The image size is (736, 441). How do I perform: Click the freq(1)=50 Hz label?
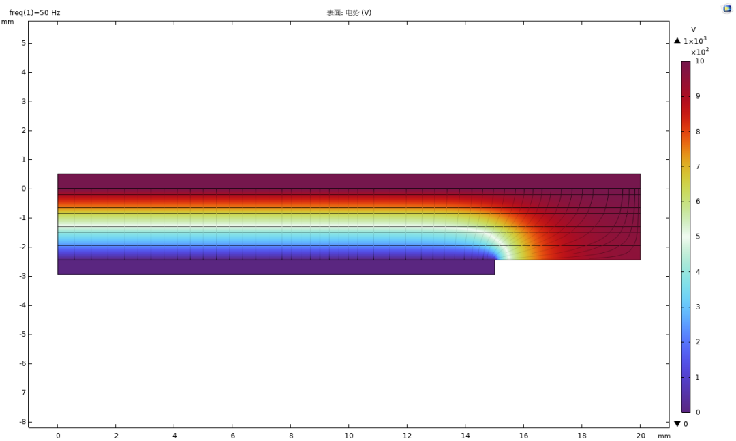(35, 13)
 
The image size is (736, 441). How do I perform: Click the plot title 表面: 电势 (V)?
(349, 13)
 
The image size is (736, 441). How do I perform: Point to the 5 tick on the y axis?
(23, 43)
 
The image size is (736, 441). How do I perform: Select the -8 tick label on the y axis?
(22, 422)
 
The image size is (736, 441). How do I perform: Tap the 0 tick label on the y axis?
(23, 189)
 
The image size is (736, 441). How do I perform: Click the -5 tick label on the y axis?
(22, 335)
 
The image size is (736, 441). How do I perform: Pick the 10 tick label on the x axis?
(349, 436)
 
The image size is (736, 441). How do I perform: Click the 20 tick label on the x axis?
(641, 436)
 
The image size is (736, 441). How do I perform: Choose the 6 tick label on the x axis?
(233, 436)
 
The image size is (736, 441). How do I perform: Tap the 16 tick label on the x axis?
(523, 436)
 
